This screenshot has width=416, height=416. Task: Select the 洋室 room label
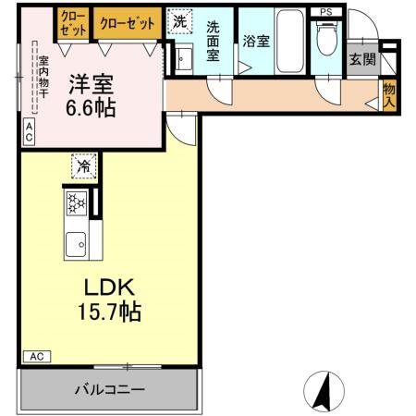point(91,84)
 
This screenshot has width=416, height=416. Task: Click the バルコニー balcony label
point(109,390)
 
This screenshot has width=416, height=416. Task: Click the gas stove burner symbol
point(75,204)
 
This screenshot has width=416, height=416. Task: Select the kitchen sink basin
point(75,243)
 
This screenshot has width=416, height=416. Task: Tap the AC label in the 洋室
point(29,132)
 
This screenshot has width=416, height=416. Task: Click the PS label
point(324,12)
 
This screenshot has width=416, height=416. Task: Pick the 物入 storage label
point(388,92)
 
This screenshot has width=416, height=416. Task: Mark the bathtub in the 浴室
point(289,42)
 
